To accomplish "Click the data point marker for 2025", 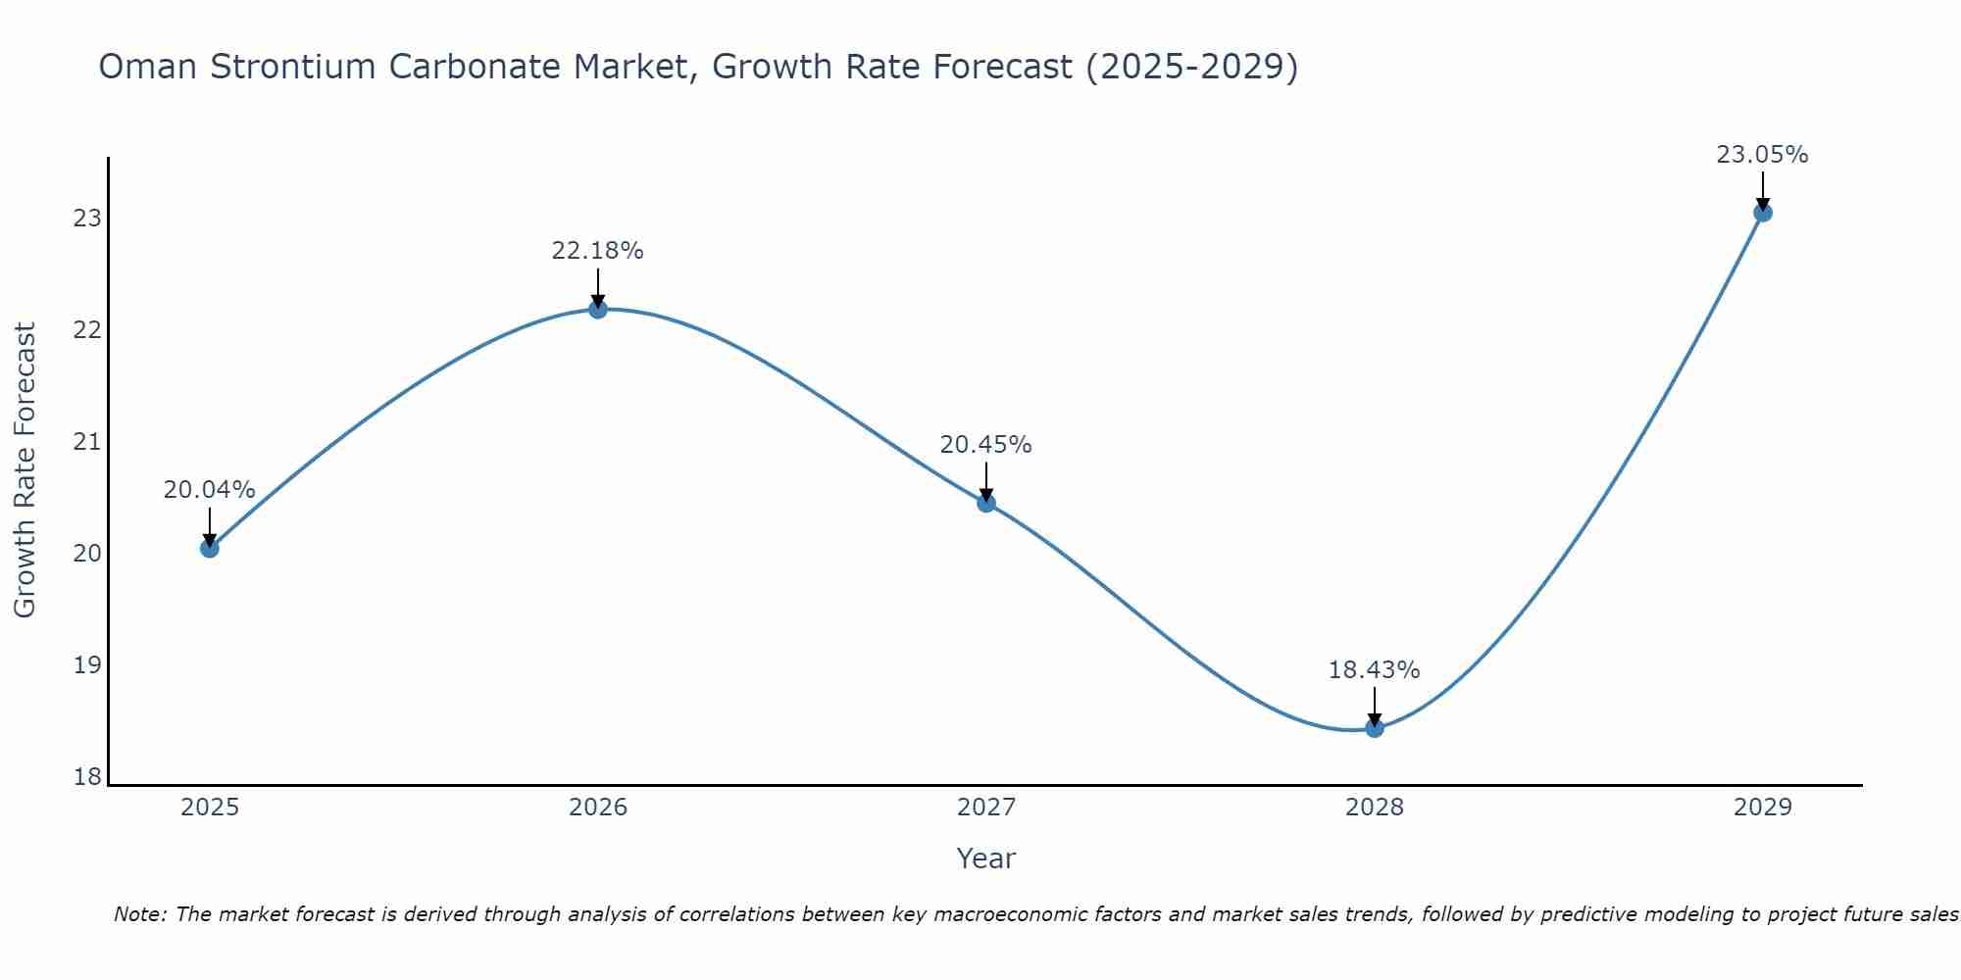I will pos(209,548).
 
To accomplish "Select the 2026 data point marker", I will pos(597,310).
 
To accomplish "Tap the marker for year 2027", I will pos(986,503).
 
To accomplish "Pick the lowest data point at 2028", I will pos(1375,728).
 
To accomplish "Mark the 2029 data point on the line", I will pos(1762,213).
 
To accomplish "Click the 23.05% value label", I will pos(1762,155).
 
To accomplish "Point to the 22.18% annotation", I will pos(597,251).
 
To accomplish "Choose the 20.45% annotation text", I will pos(985,445).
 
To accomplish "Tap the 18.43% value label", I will pos(1374,670).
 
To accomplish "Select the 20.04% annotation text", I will pos(209,490).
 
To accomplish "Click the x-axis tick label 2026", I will pos(598,808).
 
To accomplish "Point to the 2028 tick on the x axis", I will pos(1375,808).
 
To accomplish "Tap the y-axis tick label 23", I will pos(88,218).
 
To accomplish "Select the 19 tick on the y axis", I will pos(88,665).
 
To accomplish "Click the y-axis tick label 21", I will pos(88,442).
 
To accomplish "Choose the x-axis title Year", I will pos(985,858).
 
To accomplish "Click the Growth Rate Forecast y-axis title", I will pos(25,470).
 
